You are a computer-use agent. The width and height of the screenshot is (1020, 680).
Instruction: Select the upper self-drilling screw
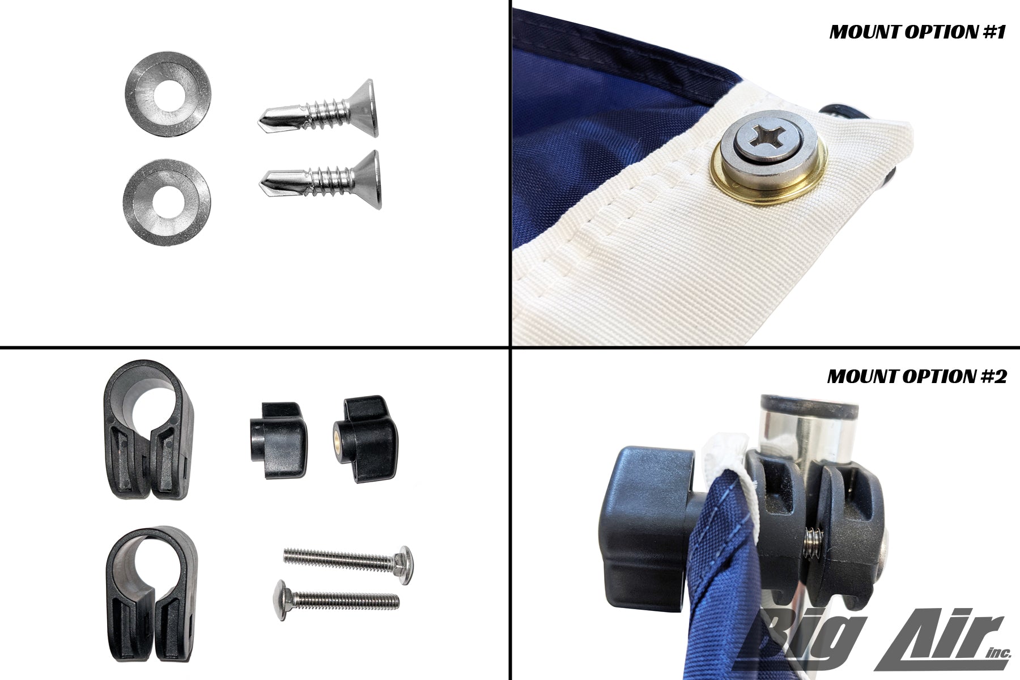(x=317, y=110)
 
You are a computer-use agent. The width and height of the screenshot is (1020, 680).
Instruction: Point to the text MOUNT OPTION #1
(x=917, y=32)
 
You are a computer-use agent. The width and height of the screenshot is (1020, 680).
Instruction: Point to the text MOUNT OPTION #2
(x=917, y=376)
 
